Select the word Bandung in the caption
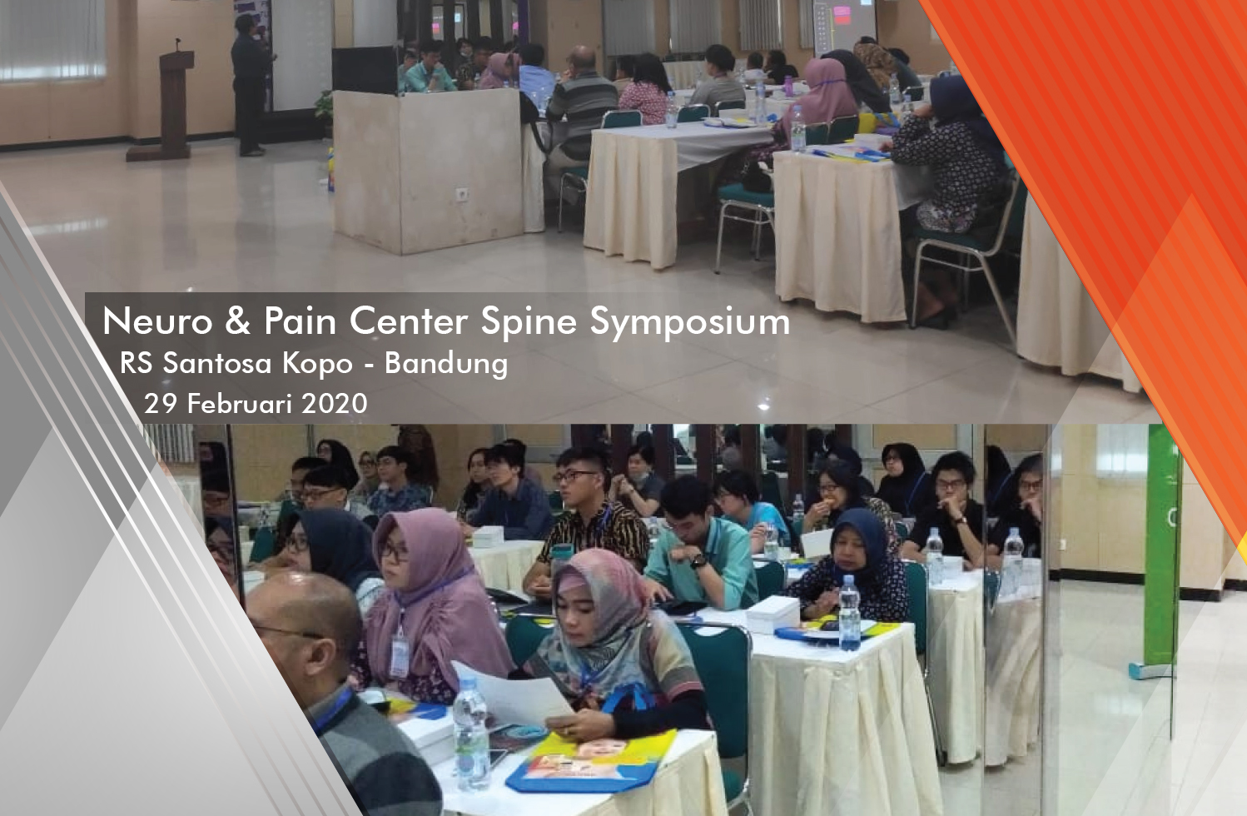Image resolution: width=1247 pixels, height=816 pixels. (446, 365)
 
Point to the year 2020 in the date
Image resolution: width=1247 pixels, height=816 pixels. (334, 403)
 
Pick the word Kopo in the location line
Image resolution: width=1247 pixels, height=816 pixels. (318, 364)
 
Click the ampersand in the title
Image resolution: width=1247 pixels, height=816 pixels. (238, 322)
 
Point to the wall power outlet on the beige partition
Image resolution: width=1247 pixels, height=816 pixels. (462, 194)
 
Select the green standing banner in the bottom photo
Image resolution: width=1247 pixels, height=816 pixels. (1162, 551)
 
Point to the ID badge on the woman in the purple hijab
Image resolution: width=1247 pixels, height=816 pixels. (399, 657)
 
